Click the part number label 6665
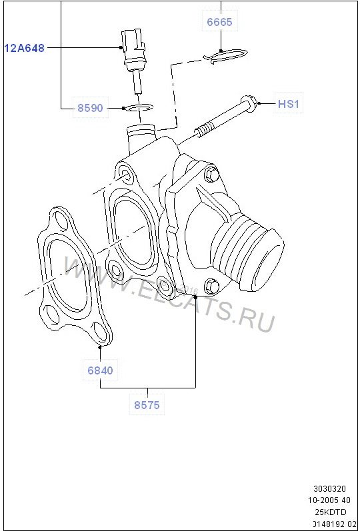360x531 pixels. point(219,22)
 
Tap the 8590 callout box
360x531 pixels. point(89,107)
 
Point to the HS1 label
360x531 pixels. point(289,103)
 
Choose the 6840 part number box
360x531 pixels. point(100,370)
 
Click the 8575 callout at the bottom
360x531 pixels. point(147,404)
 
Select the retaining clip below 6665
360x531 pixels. point(224,57)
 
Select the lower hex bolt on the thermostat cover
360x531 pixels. point(212,284)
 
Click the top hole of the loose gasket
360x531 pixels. point(58,221)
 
